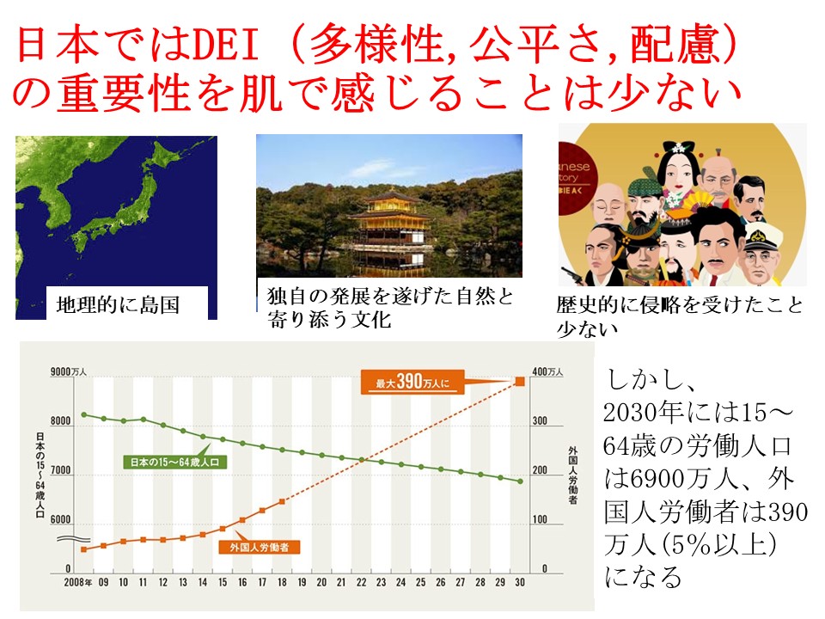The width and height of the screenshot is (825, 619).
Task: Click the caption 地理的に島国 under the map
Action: point(118,304)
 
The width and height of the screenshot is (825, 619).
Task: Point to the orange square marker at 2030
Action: point(520,383)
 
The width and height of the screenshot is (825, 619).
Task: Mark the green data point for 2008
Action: point(84,414)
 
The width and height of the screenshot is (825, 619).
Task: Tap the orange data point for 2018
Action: point(282,501)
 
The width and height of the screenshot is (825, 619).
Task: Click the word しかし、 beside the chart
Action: point(643,379)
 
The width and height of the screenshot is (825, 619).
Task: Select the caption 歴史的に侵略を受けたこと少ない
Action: point(679,316)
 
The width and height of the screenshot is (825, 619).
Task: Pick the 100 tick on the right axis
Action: point(544,521)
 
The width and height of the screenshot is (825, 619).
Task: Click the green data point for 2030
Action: point(520,481)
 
